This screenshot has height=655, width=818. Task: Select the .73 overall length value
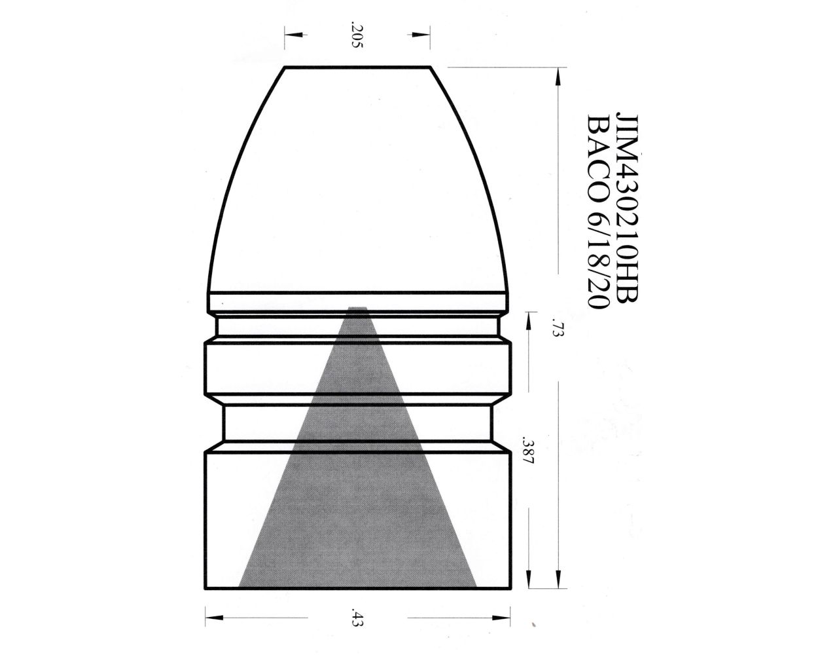click(x=557, y=327)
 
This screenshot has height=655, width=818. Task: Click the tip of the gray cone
click(x=357, y=308)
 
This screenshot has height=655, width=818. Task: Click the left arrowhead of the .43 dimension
click(x=211, y=618)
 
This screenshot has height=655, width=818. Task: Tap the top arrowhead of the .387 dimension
click(x=529, y=318)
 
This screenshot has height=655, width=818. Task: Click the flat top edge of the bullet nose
click(x=357, y=67)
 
